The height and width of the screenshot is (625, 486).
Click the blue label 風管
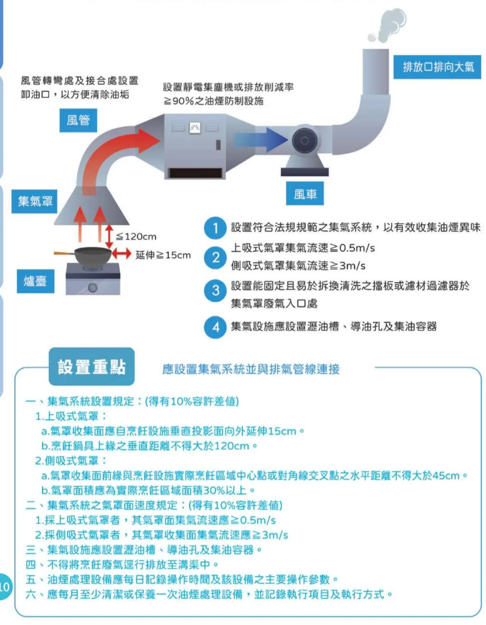[78, 120]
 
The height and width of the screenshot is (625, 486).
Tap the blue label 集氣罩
[35, 201]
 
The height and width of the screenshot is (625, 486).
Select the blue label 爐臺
[35, 281]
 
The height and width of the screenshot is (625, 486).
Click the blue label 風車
[305, 194]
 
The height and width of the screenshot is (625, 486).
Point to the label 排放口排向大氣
[437, 67]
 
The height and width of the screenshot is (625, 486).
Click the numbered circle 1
[215, 228]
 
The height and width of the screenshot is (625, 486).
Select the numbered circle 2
[215, 258]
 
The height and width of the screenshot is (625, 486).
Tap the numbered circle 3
[215, 291]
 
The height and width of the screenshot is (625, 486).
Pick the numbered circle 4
[215, 327]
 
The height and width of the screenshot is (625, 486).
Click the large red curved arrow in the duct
[114, 152]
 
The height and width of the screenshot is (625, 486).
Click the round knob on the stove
[93, 287]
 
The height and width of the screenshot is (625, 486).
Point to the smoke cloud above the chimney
[389, 25]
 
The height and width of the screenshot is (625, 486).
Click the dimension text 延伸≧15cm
[163, 255]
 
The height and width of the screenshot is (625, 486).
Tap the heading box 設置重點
[92, 367]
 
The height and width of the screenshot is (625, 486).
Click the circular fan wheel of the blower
[305, 141]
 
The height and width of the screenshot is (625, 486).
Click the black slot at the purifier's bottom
[195, 173]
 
